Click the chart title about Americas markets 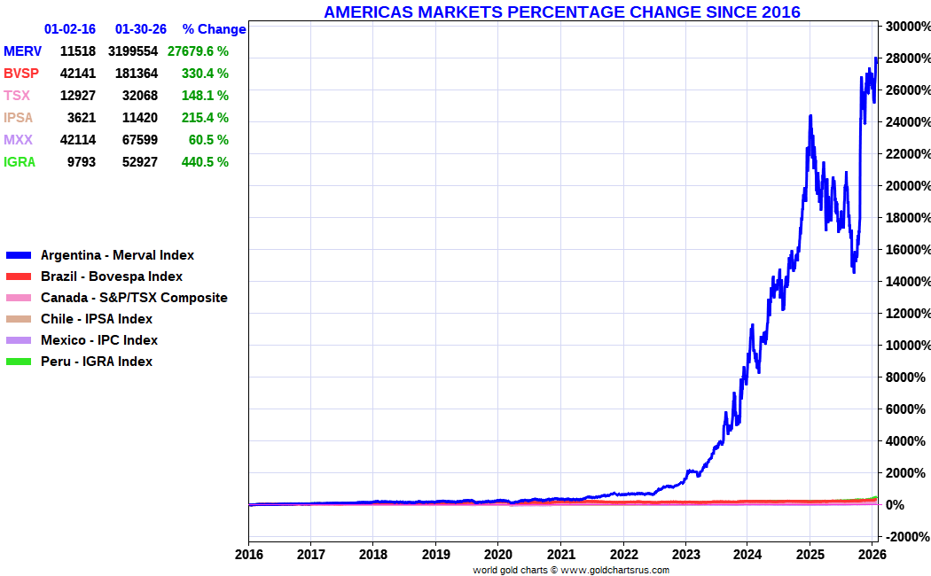(561, 12)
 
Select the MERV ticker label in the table (22, 51)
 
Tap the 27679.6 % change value (198, 51)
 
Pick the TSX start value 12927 (78, 96)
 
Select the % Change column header (214, 29)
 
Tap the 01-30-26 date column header (141, 29)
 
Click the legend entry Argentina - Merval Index (117, 255)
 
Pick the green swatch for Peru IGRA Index (19, 362)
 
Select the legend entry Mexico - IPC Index (99, 340)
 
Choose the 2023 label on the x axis (685, 556)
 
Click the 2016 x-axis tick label (248, 556)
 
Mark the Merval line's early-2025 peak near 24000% (810, 116)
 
